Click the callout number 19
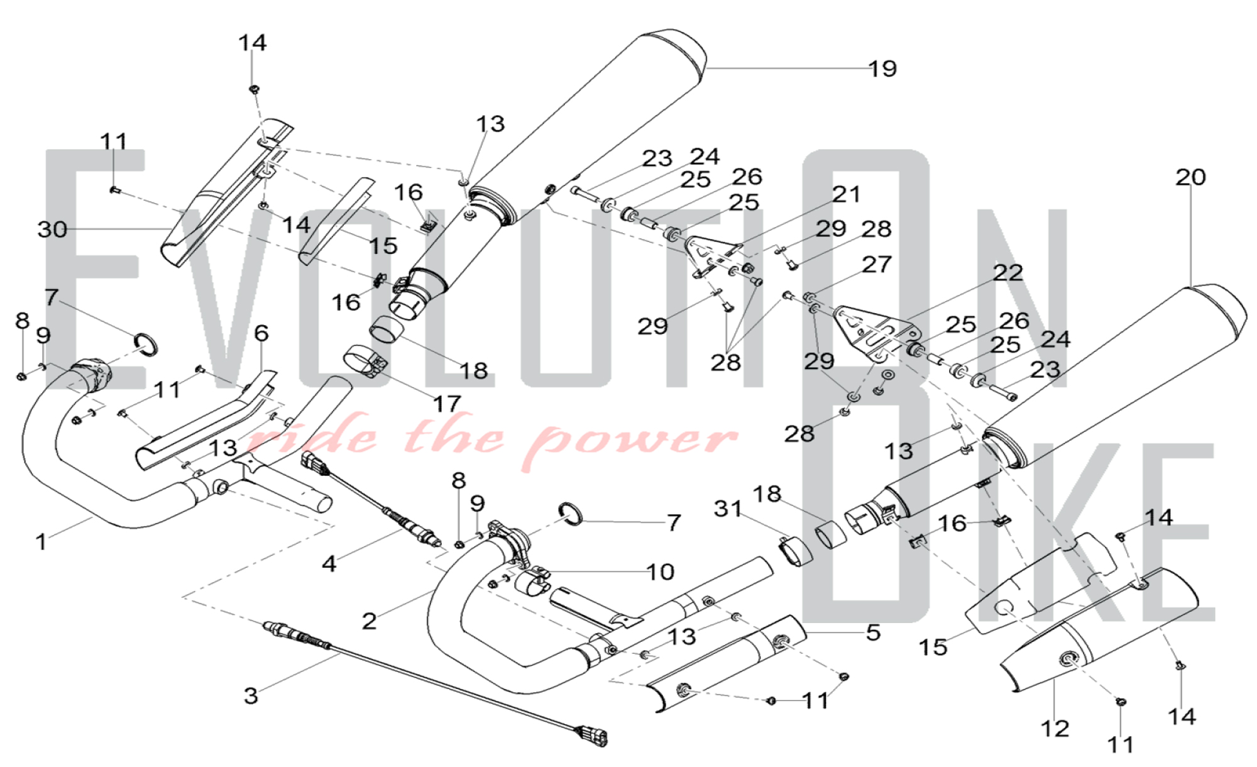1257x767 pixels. [x=882, y=69]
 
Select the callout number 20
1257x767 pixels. [x=1190, y=177]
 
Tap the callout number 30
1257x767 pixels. [x=52, y=229]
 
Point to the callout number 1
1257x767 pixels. [x=41, y=541]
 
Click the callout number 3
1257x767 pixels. [x=251, y=695]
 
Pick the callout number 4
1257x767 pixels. [x=329, y=564]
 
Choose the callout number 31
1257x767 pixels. [x=728, y=508]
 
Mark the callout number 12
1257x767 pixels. [x=1055, y=728]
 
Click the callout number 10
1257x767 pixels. [x=660, y=572]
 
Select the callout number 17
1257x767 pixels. [x=446, y=404]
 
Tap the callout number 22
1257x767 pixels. [x=1008, y=272]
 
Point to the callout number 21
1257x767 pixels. [x=846, y=194]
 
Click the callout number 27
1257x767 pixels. [x=876, y=264]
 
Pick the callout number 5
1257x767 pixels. [x=873, y=632]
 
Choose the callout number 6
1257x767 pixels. [x=261, y=333]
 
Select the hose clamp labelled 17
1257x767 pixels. [x=365, y=361]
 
